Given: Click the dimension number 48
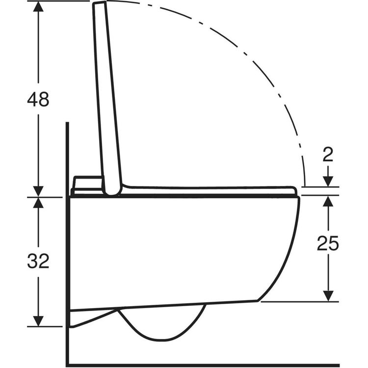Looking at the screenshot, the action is pyautogui.click(x=38, y=99).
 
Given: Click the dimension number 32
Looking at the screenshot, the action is pyautogui.click(x=38, y=261).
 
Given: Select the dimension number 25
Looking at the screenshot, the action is pyautogui.click(x=328, y=243).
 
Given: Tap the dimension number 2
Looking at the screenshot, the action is pyautogui.click(x=328, y=155).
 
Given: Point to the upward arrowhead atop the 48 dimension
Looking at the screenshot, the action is pyautogui.click(x=38, y=6).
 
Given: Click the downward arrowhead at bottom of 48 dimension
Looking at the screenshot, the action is pyautogui.click(x=38, y=191).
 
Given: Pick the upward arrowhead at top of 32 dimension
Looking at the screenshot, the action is pyautogui.click(x=38, y=203).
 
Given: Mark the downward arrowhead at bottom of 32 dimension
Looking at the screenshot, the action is pyautogui.click(x=38, y=321).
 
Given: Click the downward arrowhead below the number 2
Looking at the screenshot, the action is pyautogui.click(x=328, y=182).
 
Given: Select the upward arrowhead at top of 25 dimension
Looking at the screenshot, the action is pyautogui.click(x=328, y=201).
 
